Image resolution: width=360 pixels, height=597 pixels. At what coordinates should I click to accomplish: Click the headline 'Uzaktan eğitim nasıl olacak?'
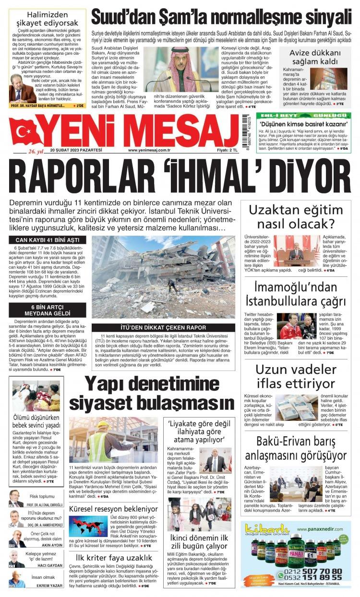point(295,217)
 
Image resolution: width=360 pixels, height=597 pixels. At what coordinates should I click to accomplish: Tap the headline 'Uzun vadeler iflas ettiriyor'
point(295,377)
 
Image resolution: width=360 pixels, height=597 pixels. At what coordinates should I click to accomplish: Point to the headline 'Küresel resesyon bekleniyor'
point(113,508)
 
